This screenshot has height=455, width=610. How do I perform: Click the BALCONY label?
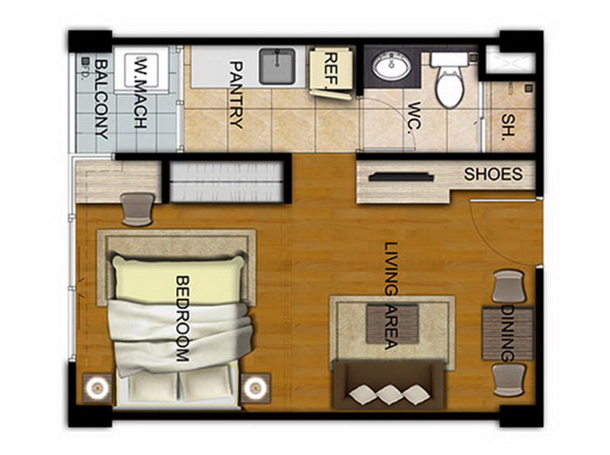[x=101, y=99]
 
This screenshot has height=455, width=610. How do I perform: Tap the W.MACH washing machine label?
[x=140, y=93]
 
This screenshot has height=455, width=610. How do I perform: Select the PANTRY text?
[x=236, y=95]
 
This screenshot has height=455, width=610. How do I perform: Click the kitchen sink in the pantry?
[x=277, y=66]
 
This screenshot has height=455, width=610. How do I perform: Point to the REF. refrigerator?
[x=331, y=73]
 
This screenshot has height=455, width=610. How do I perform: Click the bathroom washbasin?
[x=391, y=66]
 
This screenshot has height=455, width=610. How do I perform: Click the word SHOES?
[x=493, y=174]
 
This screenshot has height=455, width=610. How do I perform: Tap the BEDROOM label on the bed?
[x=182, y=318]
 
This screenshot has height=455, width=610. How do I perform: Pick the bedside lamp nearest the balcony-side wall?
[x=97, y=388]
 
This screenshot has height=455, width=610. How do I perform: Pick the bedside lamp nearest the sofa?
[x=255, y=388]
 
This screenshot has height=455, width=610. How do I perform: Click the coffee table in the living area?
[x=392, y=324]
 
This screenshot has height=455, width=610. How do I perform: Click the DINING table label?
[x=508, y=333]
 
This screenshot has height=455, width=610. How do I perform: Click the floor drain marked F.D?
[x=85, y=61]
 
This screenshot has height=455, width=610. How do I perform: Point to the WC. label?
[x=414, y=118]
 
